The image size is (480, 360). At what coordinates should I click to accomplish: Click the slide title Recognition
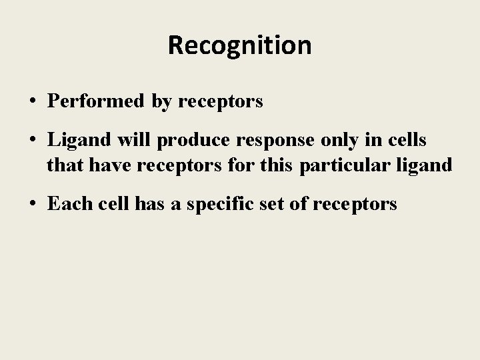[x=239, y=45]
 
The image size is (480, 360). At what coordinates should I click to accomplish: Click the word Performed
[x=95, y=101]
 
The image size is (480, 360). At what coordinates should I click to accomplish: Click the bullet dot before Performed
[x=33, y=102]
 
